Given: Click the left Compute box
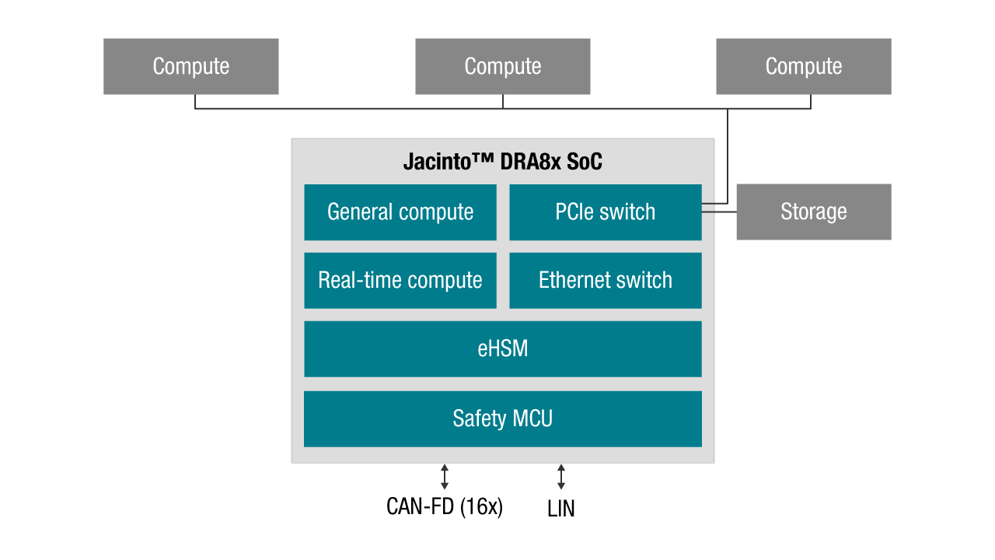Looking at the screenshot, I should (x=190, y=67).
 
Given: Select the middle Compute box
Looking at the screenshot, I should (x=502, y=67).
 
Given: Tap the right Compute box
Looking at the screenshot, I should (x=803, y=67).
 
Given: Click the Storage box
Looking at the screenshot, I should (x=813, y=212).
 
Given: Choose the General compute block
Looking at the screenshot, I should (x=400, y=212).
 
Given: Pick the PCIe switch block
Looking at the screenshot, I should (x=605, y=212).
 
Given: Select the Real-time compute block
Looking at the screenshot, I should (x=400, y=280).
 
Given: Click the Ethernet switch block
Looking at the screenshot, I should (x=605, y=280).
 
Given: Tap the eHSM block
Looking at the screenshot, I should (x=502, y=348).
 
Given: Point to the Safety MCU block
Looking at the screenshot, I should (x=502, y=418).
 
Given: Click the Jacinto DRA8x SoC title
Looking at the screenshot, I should (x=502, y=162).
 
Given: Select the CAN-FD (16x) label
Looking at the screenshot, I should (x=445, y=507).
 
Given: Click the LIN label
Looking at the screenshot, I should (x=561, y=509).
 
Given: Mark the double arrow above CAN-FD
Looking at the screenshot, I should (x=445, y=477).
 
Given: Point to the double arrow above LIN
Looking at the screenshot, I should (x=561, y=477).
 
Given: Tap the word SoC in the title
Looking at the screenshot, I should (x=583, y=162).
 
